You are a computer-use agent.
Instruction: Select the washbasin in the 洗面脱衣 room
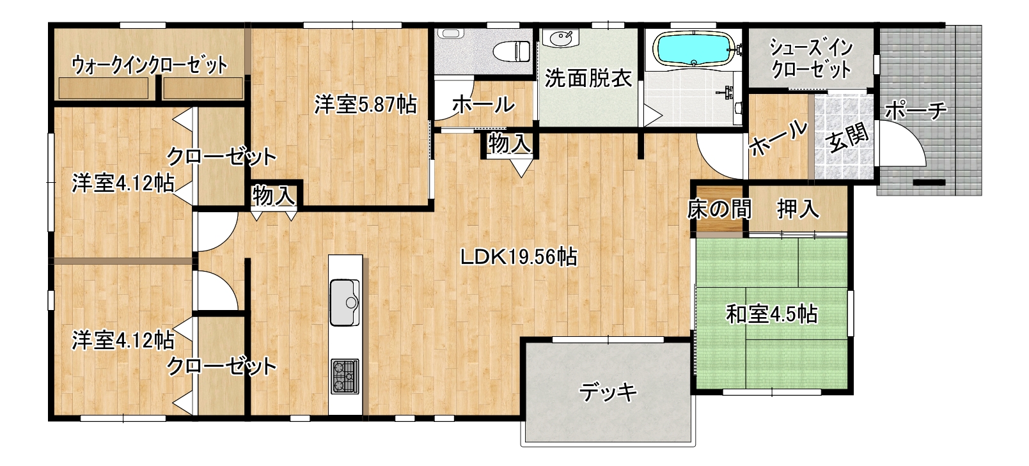[560, 38]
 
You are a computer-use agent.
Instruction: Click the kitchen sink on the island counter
[345, 302]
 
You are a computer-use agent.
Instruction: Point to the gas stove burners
[345, 377]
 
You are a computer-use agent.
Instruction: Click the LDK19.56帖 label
[519, 257]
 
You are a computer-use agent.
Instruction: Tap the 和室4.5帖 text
[772, 315]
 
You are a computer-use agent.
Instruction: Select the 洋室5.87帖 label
[366, 105]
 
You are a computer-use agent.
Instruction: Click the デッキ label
[608, 392]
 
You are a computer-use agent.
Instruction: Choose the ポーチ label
[916, 111]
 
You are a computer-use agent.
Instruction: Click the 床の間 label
[719, 210]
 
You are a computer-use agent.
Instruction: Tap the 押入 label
[798, 210]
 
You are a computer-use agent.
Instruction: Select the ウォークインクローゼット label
[149, 65]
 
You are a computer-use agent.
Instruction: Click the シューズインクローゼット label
[812, 58]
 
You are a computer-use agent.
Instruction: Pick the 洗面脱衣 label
[588, 79]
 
